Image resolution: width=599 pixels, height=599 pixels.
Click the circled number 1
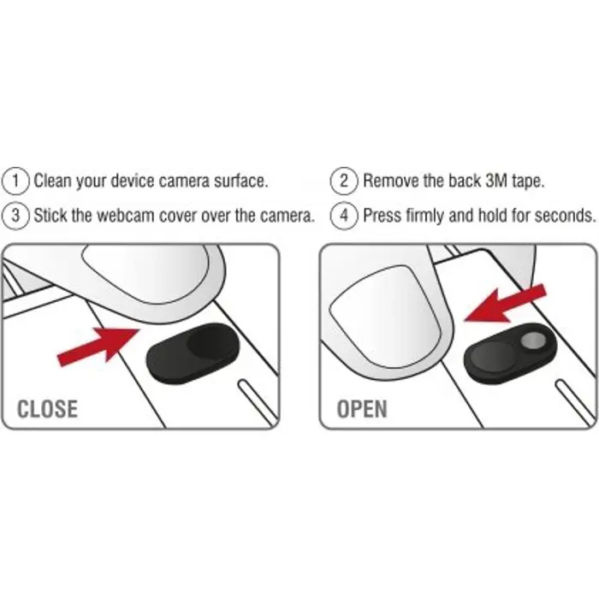point(15,181)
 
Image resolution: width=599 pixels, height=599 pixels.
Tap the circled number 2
point(344,181)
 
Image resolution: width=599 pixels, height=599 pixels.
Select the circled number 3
point(15,216)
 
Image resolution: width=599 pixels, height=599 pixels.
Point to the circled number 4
point(344,216)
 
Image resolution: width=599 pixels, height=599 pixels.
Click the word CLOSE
point(48,409)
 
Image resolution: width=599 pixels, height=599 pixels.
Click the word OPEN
point(362,409)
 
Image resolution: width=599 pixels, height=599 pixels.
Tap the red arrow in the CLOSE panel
point(98,346)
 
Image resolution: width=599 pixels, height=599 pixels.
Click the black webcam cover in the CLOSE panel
point(193,353)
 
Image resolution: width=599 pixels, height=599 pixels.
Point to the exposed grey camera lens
point(532,340)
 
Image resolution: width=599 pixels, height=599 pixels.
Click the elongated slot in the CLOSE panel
point(258,402)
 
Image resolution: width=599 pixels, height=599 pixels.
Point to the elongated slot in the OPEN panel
point(575,402)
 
